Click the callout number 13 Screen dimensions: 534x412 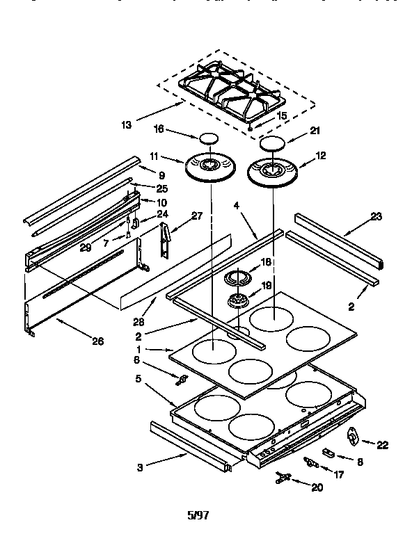[x=126, y=125]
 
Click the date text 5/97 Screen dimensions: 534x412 [x=198, y=515]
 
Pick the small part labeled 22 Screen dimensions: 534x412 [x=353, y=435]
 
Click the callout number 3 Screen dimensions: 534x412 [x=141, y=468]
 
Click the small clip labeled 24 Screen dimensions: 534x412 [x=136, y=222]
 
